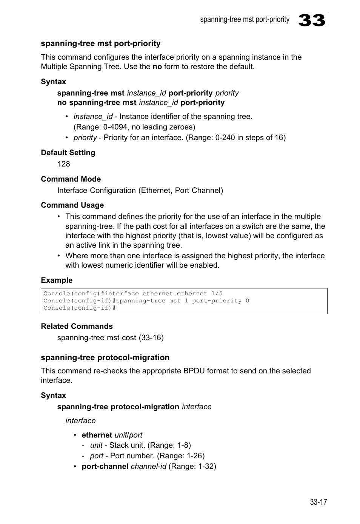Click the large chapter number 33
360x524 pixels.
[x=311, y=20]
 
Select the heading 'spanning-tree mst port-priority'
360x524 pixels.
[x=100, y=43]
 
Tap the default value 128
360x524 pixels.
[x=64, y=164]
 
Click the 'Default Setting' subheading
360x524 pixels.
[x=68, y=153]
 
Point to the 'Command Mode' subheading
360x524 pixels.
[x=71, y=179]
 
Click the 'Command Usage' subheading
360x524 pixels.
[x=72, y=205]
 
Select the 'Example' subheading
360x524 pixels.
[x=57, y=280]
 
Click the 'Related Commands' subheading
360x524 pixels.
[x=77, y=326]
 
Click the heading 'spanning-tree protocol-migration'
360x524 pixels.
[x=105, y=358]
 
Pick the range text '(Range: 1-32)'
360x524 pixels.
[x=192, y=466]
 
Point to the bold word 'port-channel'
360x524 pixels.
[x=105, y=466]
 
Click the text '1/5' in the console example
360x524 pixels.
[x=217, y=293]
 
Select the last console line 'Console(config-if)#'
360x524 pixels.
[x=79, y=308]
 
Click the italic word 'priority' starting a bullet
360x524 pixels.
[x=85, y=137]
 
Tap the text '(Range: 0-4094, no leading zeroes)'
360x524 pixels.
[x=134, y=127]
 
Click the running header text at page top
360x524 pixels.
[x=245, y=20]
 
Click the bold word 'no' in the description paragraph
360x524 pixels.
[x=157, y=66]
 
